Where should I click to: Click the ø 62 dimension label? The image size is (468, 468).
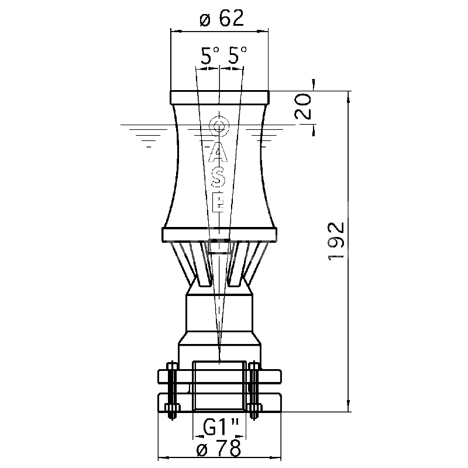point(222,19)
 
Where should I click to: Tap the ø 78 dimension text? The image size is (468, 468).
point(219,448)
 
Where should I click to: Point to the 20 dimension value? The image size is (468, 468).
point(303,106)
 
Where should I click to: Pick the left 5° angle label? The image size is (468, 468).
point(210,56)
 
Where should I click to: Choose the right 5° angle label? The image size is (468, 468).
point(238,55)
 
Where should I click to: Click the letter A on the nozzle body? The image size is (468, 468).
point(218,153)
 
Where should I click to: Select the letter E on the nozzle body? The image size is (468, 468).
point(220,202)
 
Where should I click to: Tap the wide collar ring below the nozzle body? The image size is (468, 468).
point(220,235)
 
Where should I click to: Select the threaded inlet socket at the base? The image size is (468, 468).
point(220,387)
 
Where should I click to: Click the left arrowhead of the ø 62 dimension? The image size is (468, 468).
point(176,31)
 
